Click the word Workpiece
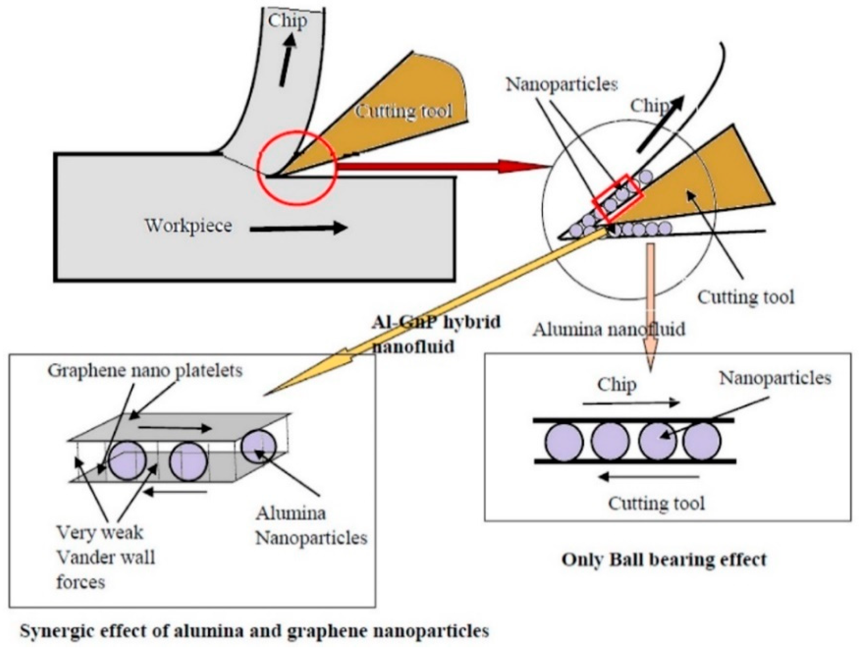point(189,226)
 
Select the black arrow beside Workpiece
point(298,228)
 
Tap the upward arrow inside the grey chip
point(287,58)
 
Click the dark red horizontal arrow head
point(522,166)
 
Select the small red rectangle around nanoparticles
point(617,198)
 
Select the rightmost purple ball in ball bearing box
point(702,442)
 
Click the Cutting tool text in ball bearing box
point(657,504)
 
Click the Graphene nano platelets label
point(145,370)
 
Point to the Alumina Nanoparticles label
point(310,526)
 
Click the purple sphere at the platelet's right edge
point(258,446)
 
